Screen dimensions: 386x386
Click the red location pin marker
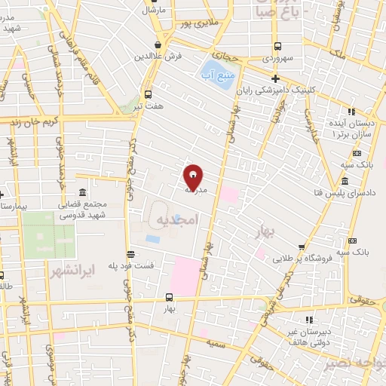click(x=193, y=178)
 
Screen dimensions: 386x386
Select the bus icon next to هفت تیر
click(x=148, y=95)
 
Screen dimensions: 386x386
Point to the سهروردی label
click(x=278, y=57)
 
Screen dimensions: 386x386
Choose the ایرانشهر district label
click(x=73, y=268)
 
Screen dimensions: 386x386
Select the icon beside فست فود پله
click(x=130, y=254)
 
